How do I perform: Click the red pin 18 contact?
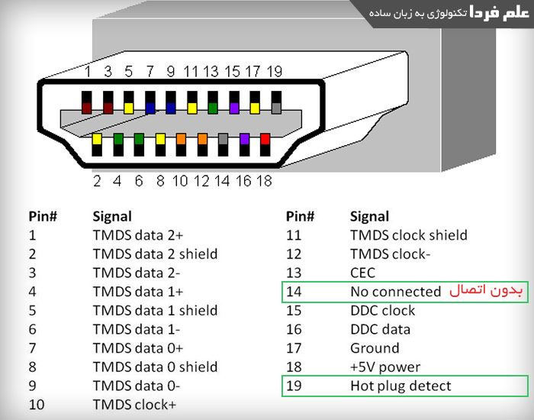[x=265, y=140]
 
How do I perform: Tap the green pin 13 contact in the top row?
[x=213, y=108]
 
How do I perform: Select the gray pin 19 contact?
[x=276, y=108]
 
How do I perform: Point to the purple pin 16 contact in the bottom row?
[x=244, y=140]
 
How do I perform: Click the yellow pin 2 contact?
[x=97, y=140]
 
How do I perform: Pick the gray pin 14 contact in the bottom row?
[x=223, y=140]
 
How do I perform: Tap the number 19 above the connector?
[x=275, y=72]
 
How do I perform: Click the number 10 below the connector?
[x=180, y=181]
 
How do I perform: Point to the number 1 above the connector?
[x=88, y=72]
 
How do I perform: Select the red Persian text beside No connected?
[x=484, y=291]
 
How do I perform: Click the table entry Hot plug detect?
[x=400, y=386]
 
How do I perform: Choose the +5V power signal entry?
[x=385, y=367]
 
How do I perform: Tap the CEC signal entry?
[x=362, y=273]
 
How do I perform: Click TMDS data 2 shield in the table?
[x=155, y=254]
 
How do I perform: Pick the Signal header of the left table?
[x=112, y=216]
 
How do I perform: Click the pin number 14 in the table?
[x=294, y=292]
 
